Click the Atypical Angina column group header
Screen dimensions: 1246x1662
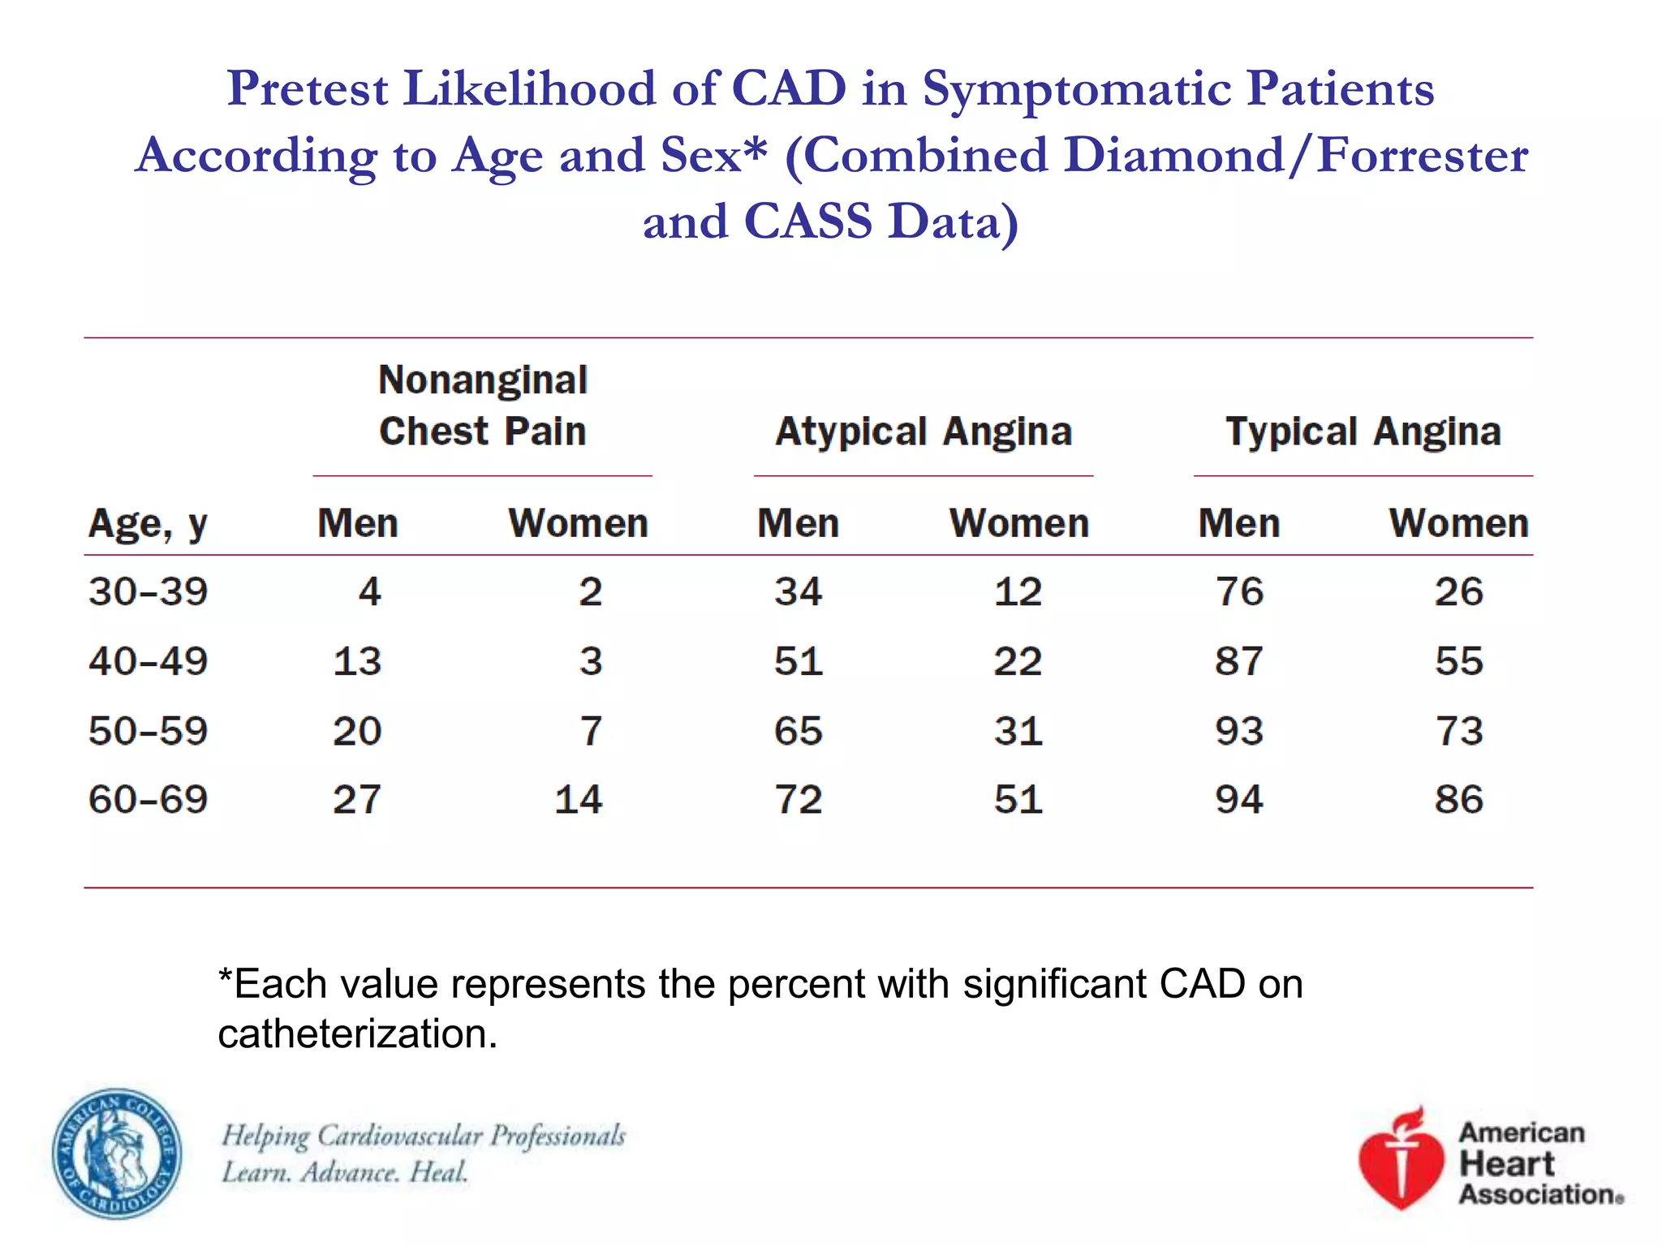click(x=924, y=432)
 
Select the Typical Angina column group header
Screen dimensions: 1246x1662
click(x=1363, y=432)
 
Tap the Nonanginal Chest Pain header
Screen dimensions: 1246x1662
click(x=483, y=406)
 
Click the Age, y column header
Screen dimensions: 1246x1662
click(x=148, y=525)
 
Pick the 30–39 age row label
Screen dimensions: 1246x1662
click(x=148, y=591)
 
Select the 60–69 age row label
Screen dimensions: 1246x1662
click(x=148, y=800)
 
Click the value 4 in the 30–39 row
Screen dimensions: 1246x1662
click(x=370, y=591)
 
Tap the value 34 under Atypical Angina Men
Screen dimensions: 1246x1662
click(x=798, y=591)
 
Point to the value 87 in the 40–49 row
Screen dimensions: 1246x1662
click(x=1238, y=661)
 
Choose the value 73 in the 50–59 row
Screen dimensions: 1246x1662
click(x=1459, y=731)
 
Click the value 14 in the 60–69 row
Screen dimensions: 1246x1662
click(x=578, y=800)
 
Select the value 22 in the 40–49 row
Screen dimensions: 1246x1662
click(x=1018, y=661)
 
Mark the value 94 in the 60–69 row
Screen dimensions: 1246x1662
click(x=1238, y=800)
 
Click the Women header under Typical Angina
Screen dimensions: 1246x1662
click(x=1458, y=523)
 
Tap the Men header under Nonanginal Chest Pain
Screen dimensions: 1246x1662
click(x=358, y=523)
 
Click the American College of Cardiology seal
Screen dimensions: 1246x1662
click(x=117, y=1154)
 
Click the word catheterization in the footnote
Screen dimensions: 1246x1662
click(x=357, y=1034)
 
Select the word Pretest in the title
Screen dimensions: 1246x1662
click(x=308, y=88)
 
